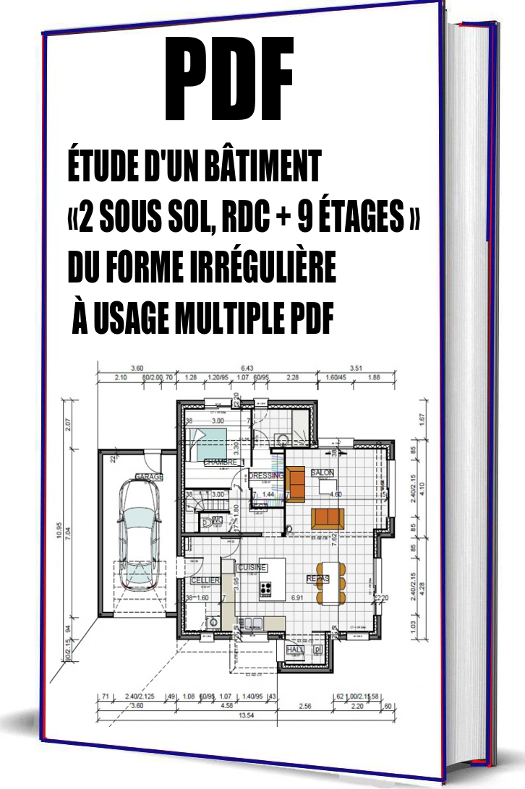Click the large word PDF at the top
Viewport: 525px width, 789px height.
(x=230, y=79)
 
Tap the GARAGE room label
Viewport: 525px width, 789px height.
(x=149, y=477)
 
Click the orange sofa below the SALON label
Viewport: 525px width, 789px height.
(x=328, y=517)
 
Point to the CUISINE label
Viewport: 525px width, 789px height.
(x=253, y=567)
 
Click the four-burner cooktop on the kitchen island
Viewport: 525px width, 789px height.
(x=265, y=587)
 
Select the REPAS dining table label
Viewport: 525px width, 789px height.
(x=317, y=579)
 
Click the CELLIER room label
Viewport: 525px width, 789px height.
(x=200, y=580)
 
